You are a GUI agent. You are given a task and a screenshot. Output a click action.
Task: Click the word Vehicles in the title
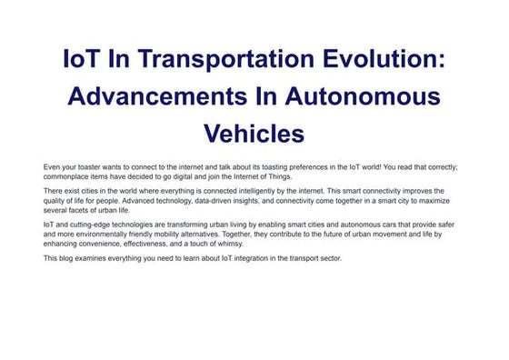tap(254, 133)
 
